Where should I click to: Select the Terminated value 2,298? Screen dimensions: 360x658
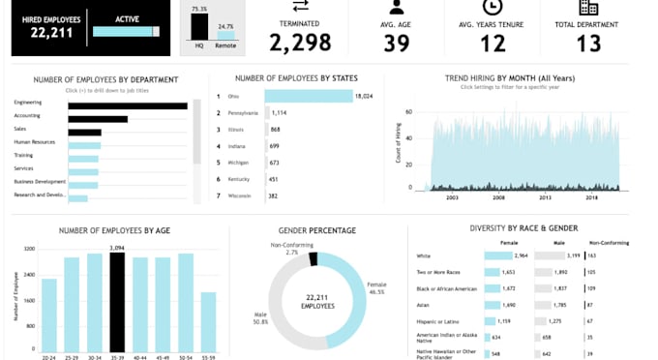tap(300, 42)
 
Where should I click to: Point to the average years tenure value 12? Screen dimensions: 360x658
tap(493, 42)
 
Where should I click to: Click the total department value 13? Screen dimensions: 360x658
tap(588, 42)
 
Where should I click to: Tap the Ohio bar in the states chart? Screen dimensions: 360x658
tap(306, 97)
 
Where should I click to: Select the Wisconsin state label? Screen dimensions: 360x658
tap(239, 196)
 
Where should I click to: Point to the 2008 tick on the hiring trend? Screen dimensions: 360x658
tap(497, 196)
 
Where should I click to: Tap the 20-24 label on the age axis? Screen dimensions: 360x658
tap(48, 355)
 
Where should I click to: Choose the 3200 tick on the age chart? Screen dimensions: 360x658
tap(28, 249)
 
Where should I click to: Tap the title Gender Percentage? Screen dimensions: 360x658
tap(316, 230)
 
